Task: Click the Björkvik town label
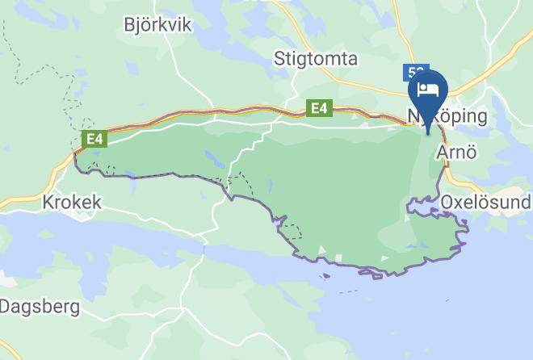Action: (157, 25)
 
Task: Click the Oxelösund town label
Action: (485, 201)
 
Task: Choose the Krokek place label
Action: (73, 202)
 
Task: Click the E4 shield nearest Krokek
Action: (95, 140)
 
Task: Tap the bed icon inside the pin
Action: (427, 87)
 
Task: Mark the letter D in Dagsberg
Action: (6, 307)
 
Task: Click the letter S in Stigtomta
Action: (279, 58)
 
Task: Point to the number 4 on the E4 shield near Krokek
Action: (99, 140)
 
